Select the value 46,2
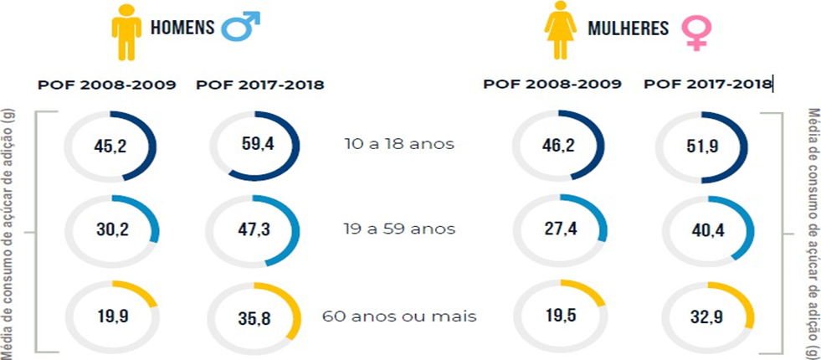point(553,145)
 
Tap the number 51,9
point(701,147)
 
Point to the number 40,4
point(701,232)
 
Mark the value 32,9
point(701,319)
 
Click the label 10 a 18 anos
point(399,144)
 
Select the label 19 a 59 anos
point(399,229)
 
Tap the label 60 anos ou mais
point(399,316)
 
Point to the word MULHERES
point(628,29)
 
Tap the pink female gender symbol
point(695,33)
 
